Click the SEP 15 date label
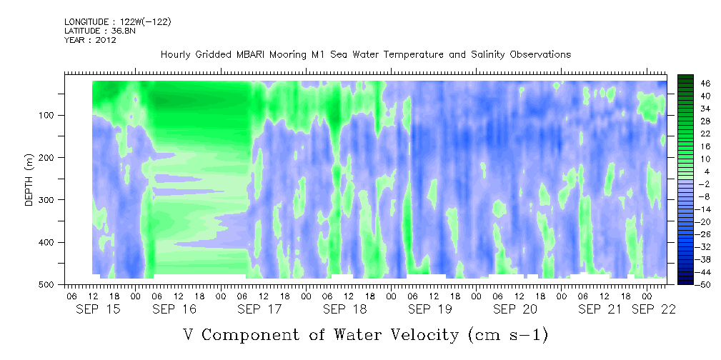coord(99,310)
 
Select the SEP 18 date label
coord(345,310)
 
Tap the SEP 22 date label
coord(653,310)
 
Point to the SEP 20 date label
coord(515,310)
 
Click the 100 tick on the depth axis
coord(49,115)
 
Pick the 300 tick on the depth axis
coord(49,200)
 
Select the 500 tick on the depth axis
coord(49,284)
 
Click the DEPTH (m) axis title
coord(29,179)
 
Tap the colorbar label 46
coord(693,84)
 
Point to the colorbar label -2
coord(693,184)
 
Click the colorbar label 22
coord(693,136)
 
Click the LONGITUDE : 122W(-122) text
coord(118,22)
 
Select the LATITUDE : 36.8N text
coord(100,31)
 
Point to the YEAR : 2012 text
coord(90,40)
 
